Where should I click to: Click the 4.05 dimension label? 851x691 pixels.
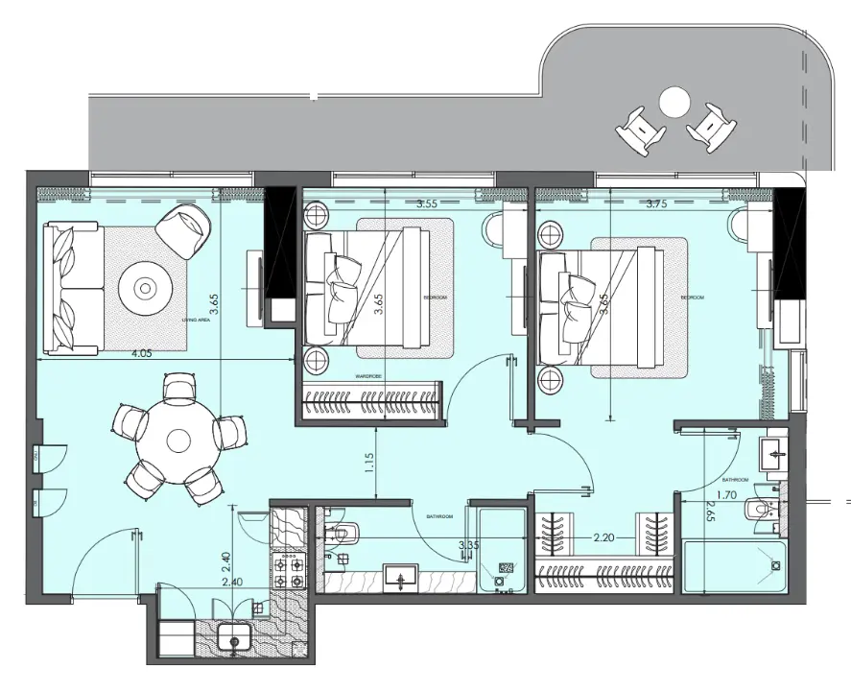141,353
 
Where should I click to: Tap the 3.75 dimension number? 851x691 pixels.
657,203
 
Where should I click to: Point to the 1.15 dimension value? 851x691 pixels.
368,465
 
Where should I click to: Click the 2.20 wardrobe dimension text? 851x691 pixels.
604,538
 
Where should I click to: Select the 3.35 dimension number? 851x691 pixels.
469,545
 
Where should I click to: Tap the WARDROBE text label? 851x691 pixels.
369,377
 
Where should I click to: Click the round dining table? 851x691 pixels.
178,441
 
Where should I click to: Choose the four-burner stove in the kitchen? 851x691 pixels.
289,572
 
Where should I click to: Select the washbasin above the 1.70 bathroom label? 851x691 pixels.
772,456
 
